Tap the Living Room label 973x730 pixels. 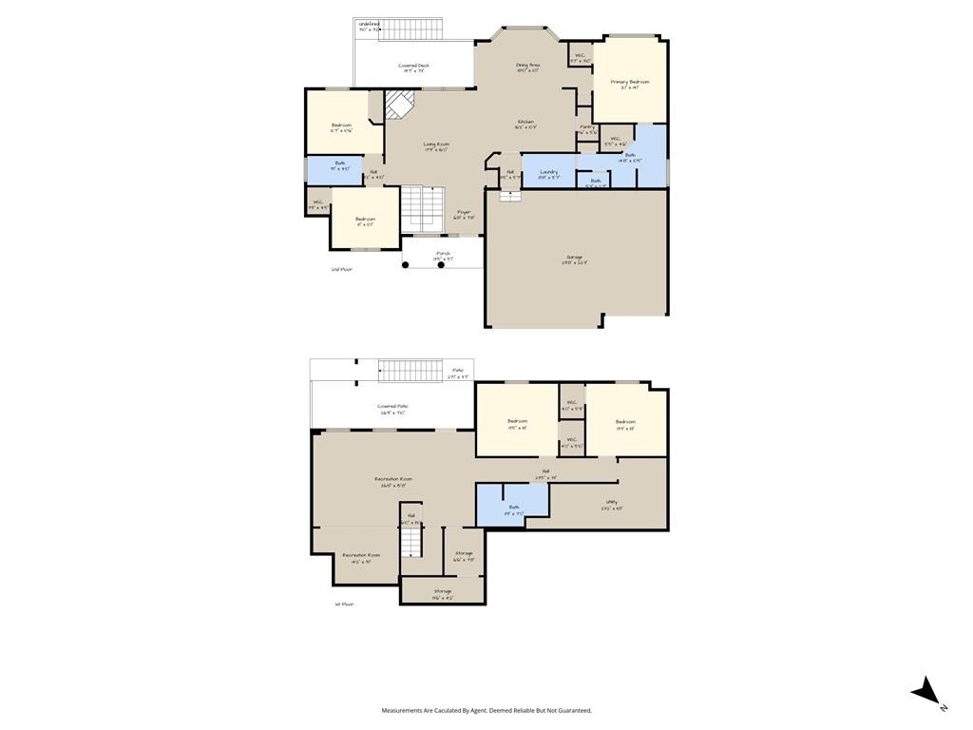[436, 144]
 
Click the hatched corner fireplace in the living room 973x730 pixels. [399, 103]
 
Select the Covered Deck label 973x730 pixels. [413, 66]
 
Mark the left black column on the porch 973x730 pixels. [406, 265]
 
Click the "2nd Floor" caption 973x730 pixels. [341, 269]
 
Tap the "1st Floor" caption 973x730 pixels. [344, 604]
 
